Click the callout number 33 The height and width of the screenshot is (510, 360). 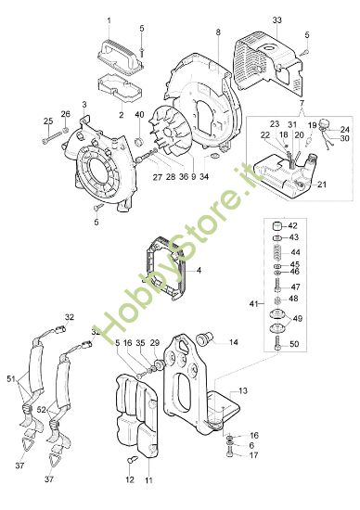(x=276, y=19)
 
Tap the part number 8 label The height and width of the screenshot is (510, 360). (x=218, y=32)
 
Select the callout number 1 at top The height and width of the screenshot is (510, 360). (x=108, y=19)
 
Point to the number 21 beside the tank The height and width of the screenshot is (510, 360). (x=321, y=185)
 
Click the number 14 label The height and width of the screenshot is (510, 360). (x=233, y=342)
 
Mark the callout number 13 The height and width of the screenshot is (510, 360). (x=242, y=391)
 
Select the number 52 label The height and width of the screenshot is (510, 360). (x=43, y=410)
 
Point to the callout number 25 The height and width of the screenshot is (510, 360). (x=47, y=121)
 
